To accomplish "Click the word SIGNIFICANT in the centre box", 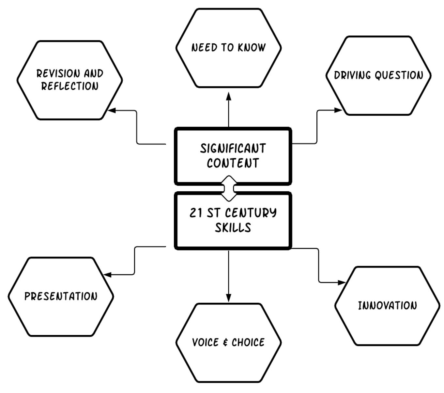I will [x=233, y=148].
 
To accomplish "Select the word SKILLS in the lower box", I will [x=233, y=227].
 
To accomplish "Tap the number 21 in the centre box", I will [x=196, y=213].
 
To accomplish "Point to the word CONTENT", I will [x=233, y=163].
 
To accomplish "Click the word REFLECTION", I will [x=70, y=86].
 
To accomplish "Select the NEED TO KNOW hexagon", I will [x=228, y=48].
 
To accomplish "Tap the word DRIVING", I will [x=353, y=75].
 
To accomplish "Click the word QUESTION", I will [x=399, y=75].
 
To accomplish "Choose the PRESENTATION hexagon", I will [x=61, y=297].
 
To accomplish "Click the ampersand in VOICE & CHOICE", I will [x=225, y=342].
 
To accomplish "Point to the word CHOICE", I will [x=248, y=342].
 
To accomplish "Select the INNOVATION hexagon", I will [x=387, y=306].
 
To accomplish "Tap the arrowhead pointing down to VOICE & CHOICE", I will [x=228, y=298].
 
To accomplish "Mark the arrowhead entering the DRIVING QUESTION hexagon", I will [x=338, y=110].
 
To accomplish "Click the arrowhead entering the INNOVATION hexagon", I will [x=341, y=283].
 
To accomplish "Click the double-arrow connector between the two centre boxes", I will [x=229, y=188].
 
